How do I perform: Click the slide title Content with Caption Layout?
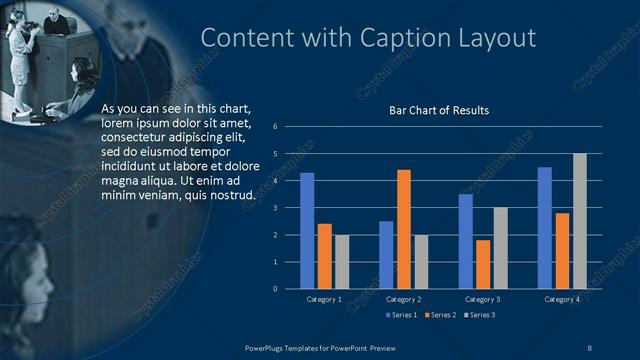[x=369, y=38]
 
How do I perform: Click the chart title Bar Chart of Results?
[x=439, y=110]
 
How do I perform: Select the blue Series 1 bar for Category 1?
[x=307, y=231]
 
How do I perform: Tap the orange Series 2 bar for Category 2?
[x=403, y=229]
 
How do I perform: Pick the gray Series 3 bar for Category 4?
[x=579, y=221]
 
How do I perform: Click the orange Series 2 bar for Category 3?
[x=483, y=264]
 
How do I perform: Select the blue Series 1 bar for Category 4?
[x=545, y=228]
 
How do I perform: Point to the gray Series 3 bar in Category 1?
[x=342, y=261]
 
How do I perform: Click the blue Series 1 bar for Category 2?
[x=386, y=255]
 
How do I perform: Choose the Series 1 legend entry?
[x=402, y=316]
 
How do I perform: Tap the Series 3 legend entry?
[x=481, y=316]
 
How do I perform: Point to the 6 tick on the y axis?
[x=288, y=127]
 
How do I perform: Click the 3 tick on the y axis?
[x=288, y=208]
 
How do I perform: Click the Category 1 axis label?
[x=324, y=299]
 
